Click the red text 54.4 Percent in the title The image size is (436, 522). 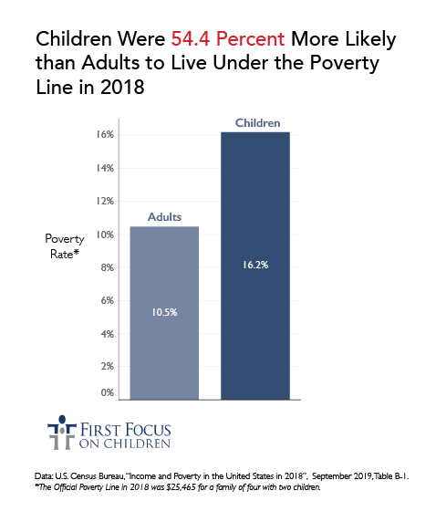coord(226,41)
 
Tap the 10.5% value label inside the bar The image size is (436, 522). coord(164,312)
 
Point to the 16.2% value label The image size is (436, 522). coord(254,265)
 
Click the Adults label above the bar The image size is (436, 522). coord(164,218)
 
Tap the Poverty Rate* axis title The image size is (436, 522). coord(65,245)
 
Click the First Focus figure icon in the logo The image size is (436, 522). coord(58,435)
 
